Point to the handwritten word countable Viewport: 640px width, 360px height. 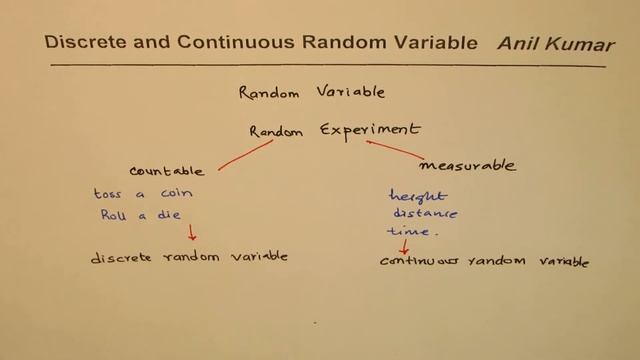click(167, 171)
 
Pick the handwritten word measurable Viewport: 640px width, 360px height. click(468, 165)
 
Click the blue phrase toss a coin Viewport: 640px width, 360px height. click(143, 193)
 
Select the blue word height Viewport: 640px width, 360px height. click(418, 196)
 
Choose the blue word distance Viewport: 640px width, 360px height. click(424, 214)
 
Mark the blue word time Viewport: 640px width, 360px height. click(412, 232)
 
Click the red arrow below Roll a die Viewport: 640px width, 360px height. click(192, 233)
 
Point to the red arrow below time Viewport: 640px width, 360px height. click(404, 246)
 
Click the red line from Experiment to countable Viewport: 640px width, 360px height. click(246, 154)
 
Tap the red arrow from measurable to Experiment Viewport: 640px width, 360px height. click(394, 149)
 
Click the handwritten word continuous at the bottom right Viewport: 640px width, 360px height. click(418, 262)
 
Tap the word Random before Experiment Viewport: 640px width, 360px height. click(277, 132)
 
